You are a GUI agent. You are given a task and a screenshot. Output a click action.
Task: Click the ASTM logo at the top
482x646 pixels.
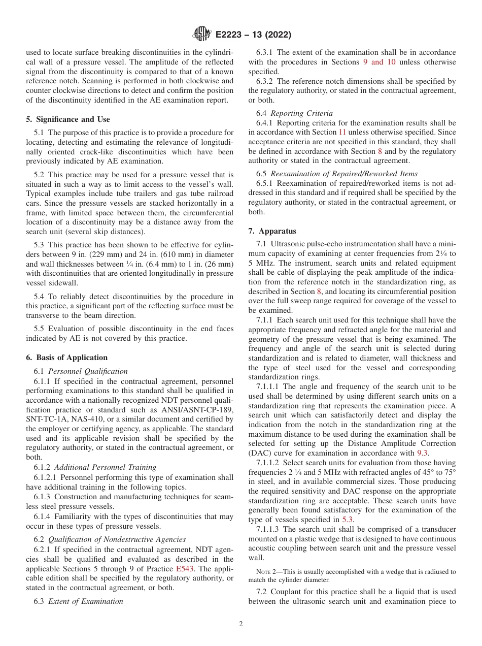coord(202,35)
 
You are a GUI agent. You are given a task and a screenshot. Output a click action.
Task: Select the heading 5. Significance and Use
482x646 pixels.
coord(68,119)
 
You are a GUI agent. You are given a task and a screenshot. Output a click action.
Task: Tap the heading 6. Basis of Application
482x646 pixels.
coord(67,358)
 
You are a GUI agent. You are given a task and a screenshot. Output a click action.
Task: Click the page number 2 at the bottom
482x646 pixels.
coord(241,624)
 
